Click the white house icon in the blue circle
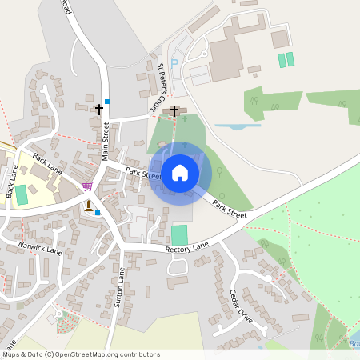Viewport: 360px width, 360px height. tap(180, 173)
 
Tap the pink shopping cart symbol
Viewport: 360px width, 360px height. tap(87, 186)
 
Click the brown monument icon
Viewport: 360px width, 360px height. tap(88, 206)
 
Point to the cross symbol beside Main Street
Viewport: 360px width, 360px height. tap(100, 108)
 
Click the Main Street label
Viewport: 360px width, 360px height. tap(106, 142)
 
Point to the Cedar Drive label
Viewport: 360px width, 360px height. tap(241, 305)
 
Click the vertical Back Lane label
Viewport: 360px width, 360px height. tap(11, 183)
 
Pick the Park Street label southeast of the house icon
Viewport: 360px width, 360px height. tap(230, 206)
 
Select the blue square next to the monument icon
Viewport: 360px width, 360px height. tap(98, 213)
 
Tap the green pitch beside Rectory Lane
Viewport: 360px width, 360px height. tap(179, 235)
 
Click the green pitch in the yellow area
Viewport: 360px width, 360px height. tap(21, 194)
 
